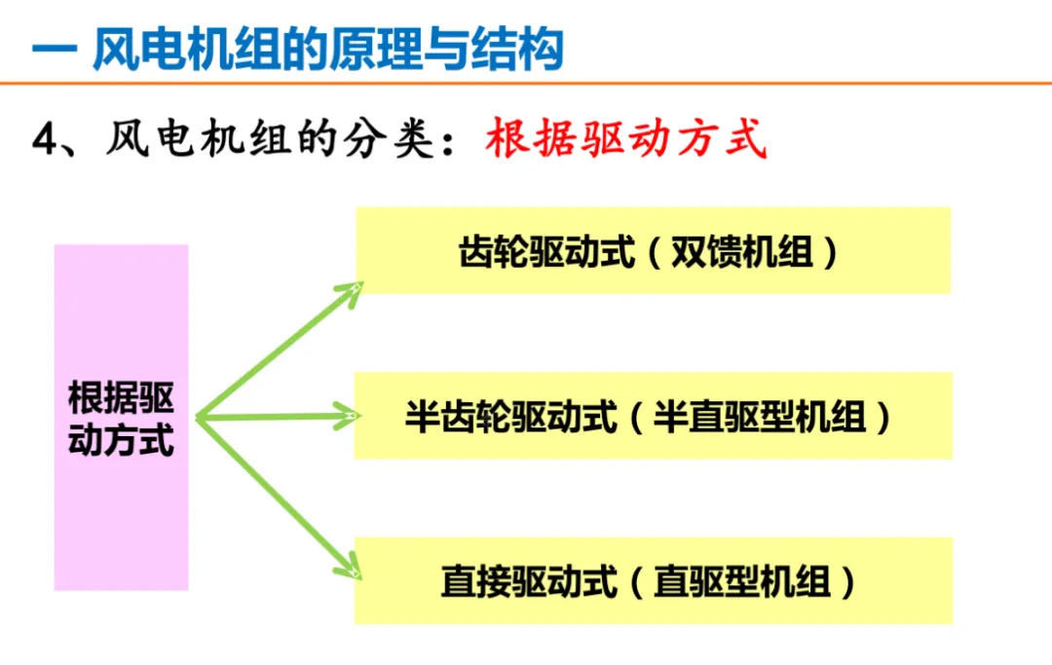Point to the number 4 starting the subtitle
pyautogui.click(x=46, y=142)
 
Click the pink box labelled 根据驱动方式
pyautogui.click(x=121, y=418)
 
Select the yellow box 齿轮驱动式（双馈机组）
pyautogui.click(x=653, y=250)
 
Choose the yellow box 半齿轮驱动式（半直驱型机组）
pyautogui.click(x=653, y=416)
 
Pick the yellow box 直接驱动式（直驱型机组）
pyautogui.click(x=653, y=581)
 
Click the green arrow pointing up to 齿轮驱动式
pyautogui.click(x=278, y=351)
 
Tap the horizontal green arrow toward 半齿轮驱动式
pyautogui.click(x=278, y=418)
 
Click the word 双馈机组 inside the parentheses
pyautogui.click(x=742, y=253)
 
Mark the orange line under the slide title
pyautogui.click(x=526, y=85)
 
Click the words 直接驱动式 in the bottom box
pyautogui.click(x=529, y=582)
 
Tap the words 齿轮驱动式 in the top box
pyautogui.click(x=546, y=253)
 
